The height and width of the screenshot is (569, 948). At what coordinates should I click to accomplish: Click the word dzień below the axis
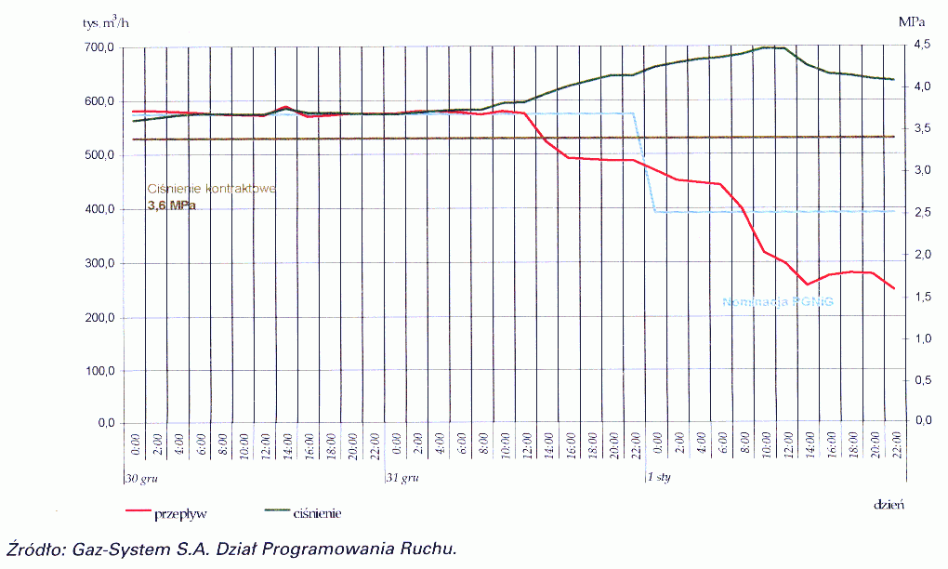click(x=889, y=503)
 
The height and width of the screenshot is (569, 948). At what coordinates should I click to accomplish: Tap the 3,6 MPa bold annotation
click(x=172, y=205)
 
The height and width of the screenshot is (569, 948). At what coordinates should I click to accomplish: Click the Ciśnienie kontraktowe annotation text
click(x=212, y=189)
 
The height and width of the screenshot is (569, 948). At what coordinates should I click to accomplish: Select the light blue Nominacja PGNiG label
click(x=778, y=301)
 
